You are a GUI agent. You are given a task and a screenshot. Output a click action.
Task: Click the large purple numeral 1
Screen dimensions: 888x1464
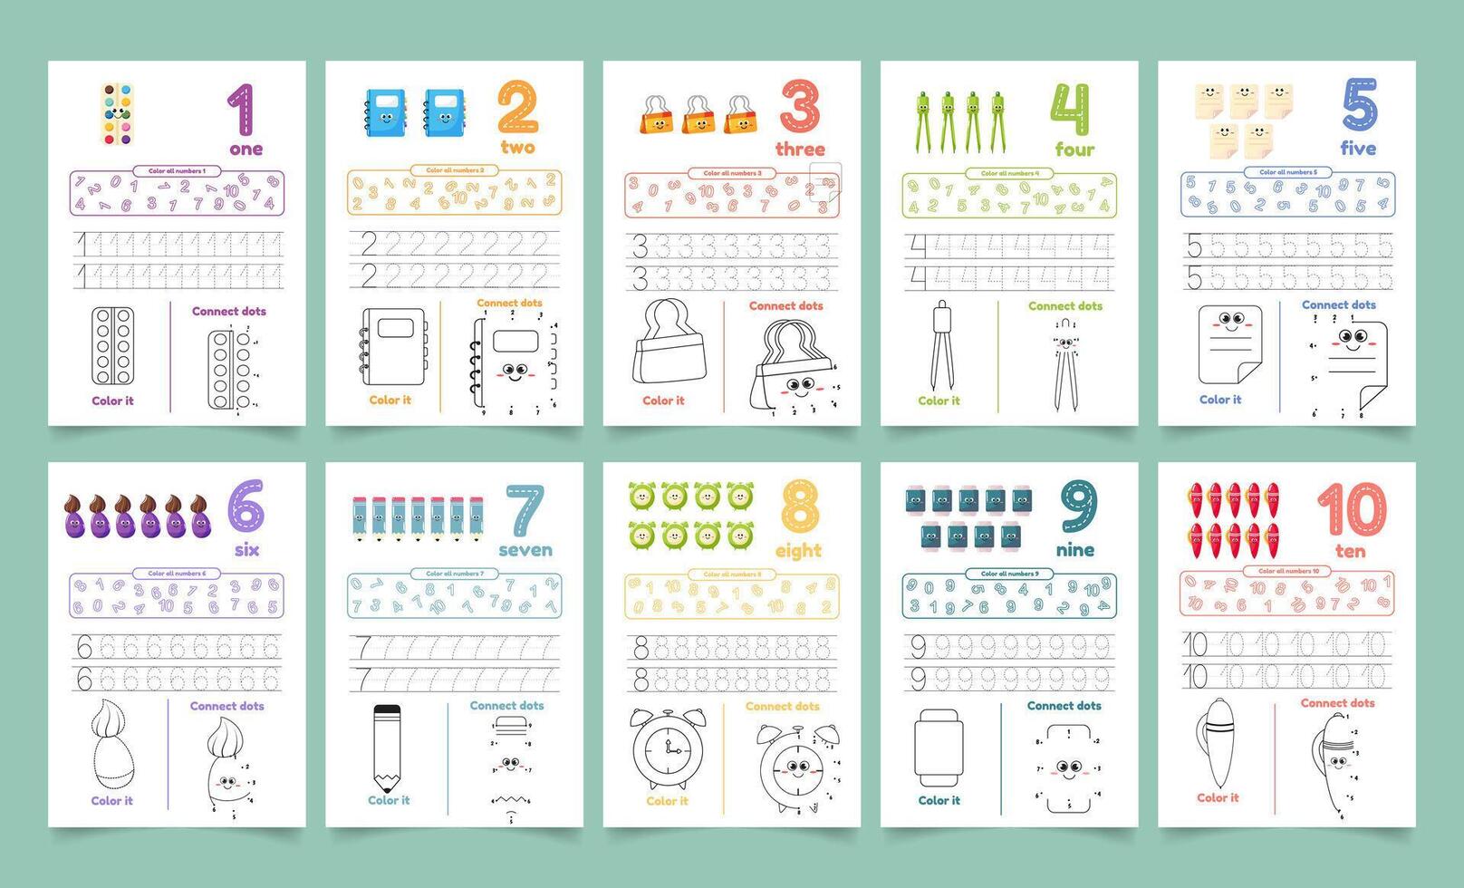(x=240, y=110)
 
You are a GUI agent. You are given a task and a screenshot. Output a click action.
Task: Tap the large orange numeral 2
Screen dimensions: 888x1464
(x=517, y=108)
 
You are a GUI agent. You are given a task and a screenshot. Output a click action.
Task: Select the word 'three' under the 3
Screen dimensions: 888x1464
(x=800, y=150)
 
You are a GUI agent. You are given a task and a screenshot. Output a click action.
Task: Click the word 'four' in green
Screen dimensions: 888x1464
(x=1074, y=150)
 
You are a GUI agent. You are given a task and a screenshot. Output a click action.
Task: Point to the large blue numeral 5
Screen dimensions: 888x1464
(x=1360, y=106)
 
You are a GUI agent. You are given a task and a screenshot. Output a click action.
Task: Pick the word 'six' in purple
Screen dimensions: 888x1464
(x=246, y=550)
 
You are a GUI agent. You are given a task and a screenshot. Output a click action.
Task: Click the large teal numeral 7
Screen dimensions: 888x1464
(x=525, y=510)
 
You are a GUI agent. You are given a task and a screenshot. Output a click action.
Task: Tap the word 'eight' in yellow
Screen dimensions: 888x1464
(x=798, y=551)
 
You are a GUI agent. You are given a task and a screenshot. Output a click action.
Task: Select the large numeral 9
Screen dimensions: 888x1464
(x=1078, y=509)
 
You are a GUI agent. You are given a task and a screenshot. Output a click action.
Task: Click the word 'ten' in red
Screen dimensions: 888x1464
(x=1350, y=551)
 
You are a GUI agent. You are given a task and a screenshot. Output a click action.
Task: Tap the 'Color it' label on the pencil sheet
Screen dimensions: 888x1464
(x=389, y=800)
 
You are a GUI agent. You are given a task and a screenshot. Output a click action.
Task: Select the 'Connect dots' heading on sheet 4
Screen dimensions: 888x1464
(x=1065, y=306)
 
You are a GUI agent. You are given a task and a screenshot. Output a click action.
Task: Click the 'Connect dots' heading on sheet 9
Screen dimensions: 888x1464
(x=1064, y=706)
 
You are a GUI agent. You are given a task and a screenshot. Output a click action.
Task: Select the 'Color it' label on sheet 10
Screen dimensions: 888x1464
(x=1218, y=798)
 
